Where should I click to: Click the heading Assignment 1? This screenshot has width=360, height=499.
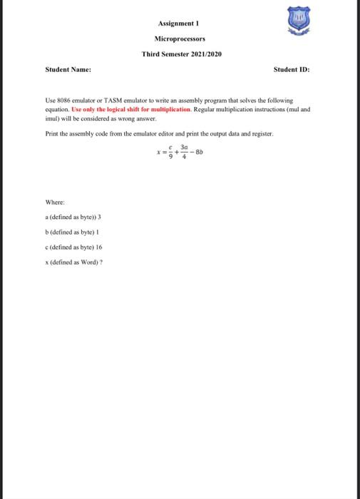(x=180, y=22)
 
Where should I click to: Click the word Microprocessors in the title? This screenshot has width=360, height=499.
(x=180, y=38)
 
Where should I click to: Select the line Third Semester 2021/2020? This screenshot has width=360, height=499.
(x=180, y=54)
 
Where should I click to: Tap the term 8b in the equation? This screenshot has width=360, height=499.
(x=202, y=151)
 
